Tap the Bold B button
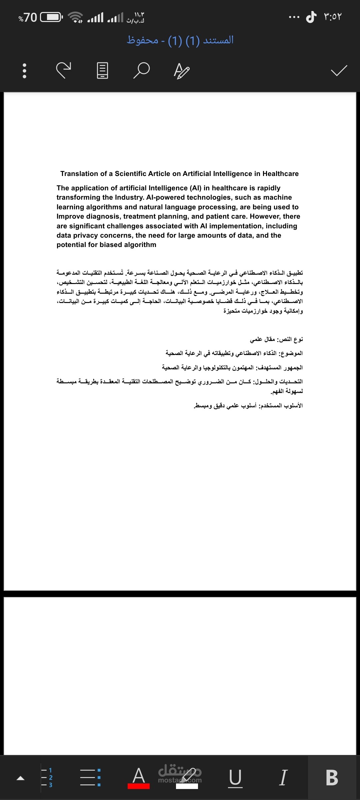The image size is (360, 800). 332,778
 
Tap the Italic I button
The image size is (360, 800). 283,778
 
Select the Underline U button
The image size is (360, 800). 235,778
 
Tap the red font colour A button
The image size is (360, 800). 139,778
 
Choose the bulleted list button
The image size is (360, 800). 90,778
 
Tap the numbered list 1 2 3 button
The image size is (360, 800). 47,778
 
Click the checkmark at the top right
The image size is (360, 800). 339,70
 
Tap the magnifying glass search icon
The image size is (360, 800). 141,70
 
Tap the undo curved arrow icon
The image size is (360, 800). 63,70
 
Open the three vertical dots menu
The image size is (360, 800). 24,71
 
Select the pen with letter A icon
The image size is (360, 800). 182,71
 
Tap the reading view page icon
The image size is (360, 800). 102,71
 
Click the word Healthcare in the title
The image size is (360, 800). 280,174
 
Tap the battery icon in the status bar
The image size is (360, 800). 51,17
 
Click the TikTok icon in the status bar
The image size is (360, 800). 311,17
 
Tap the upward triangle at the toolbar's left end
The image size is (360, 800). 21,778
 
